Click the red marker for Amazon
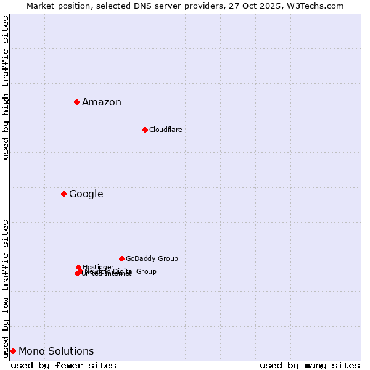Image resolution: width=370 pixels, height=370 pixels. coord(76,102)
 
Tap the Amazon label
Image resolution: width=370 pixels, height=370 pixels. coord(102,102)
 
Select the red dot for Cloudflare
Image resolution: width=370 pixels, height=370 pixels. coord(145,129)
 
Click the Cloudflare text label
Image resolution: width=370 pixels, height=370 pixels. coord(165,129)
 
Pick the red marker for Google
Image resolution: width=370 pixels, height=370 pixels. coord(64,194)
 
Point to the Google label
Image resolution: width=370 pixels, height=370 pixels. coord(86,194)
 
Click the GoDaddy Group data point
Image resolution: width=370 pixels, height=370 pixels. coord(121,258)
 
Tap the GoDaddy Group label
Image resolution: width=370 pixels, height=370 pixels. coord(152,258)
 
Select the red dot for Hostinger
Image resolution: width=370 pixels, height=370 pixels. coord(78,267)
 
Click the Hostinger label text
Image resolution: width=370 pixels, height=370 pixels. coord(98,267)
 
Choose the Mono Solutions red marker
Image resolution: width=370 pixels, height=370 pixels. coord(13,351)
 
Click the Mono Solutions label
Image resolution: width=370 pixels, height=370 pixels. coord(56,351)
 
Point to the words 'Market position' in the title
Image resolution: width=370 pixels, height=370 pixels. coord(54,6)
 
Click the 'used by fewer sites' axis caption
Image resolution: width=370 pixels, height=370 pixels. coord(64,365)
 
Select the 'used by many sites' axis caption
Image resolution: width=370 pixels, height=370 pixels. coord(310,365)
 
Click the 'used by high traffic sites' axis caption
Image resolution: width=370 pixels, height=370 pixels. coord(6,88)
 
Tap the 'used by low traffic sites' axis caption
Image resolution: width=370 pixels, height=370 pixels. coord(6,289)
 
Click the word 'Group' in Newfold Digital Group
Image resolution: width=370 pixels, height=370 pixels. coord(146,271)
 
